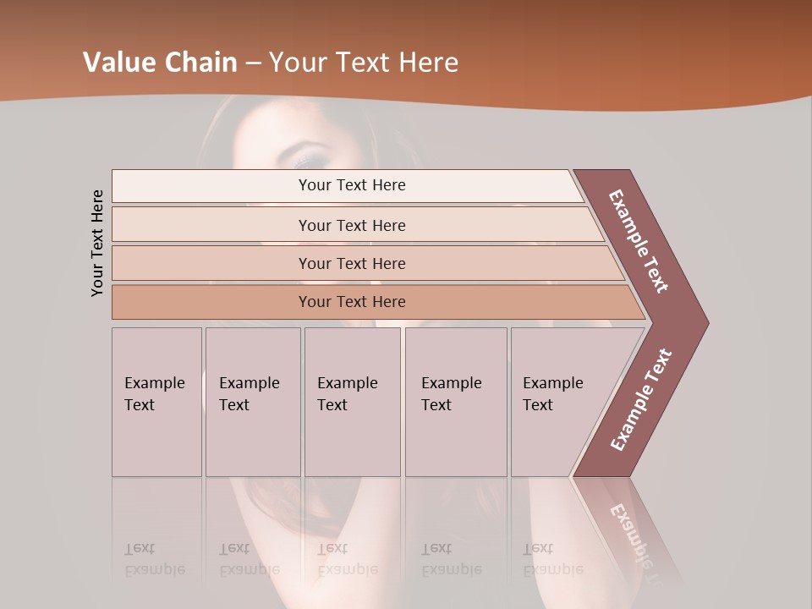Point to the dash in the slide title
click(x=253, y=63)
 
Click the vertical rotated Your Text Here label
click(x=97, y=243)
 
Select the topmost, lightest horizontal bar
click(x=347, y=185)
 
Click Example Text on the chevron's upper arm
click(x=639, y=241)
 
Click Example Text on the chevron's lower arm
click(x=640, y=400)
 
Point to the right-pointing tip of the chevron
click(x=704, y=322)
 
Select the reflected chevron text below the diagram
click(x=635, y=534)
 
